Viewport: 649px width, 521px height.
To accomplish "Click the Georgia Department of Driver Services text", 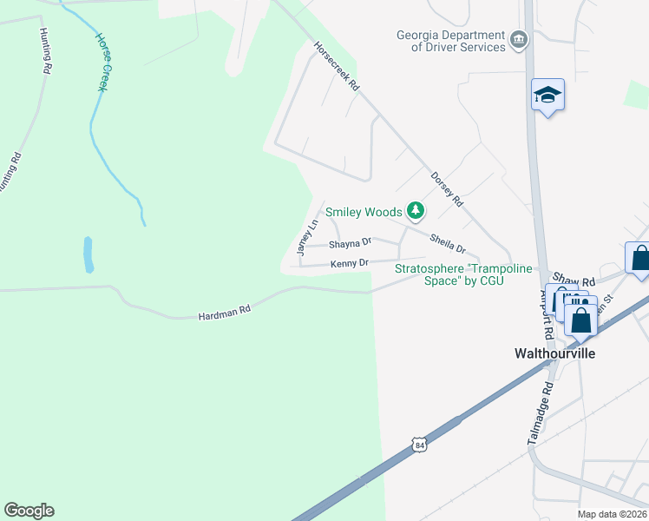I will [450, 41].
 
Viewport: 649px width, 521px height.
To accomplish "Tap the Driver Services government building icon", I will [519, 38].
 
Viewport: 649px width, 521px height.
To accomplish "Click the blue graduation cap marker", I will [547, 94].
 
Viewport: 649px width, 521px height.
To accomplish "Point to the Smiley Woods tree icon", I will [416, 210].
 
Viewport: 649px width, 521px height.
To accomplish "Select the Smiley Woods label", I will [364, 212].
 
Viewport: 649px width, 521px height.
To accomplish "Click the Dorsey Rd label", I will [447, 188].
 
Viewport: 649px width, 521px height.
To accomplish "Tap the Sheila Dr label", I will [448, 242].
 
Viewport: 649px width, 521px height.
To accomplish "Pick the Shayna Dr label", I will [350, 243].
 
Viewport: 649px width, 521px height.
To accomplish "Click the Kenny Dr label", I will [350, 262].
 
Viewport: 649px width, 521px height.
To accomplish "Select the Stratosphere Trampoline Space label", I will [463, 274].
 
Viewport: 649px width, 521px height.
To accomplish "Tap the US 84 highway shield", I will [420, 445].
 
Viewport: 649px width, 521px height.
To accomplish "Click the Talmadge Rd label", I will [539, 415].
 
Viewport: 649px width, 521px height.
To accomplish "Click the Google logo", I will [29, 511].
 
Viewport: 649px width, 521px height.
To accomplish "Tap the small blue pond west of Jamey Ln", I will [88, 254].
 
